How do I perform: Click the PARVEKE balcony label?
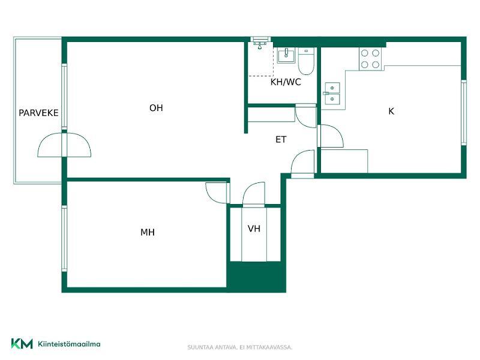(x=38, y=113)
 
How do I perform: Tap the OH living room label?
(x=156, y=108)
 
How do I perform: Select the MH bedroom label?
(x=148, y=232)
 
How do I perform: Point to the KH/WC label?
(x=286, y=82)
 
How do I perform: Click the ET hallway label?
(x=281, y=140)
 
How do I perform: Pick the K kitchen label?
(x=391, y=111)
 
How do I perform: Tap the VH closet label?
(x=254, y=229)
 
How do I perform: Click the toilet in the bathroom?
(x=307, y=61)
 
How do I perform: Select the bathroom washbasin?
(x=286, y=55)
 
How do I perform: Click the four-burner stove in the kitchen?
(x=370, y=59)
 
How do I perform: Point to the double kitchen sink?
(x=332, y=94)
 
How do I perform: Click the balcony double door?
(x=64, y=145)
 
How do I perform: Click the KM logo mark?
(x=22, y=343)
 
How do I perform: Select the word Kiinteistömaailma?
(x=69, y=344)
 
